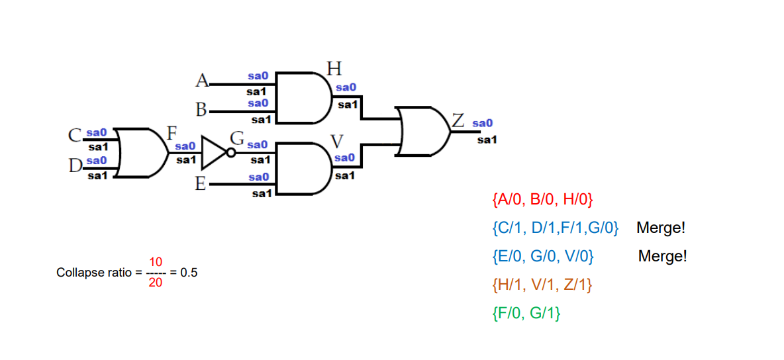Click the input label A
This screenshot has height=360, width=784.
pos(202,81)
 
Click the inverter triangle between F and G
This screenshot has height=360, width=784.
pos(215,152)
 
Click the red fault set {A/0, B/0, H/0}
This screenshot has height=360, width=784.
pos(543,199)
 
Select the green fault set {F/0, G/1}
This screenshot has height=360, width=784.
pos(527,314)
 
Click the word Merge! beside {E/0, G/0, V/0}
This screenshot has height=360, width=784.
pos(662,256)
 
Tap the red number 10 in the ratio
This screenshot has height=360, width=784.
pos(156,262)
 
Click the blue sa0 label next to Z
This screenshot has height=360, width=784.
pos(483,123)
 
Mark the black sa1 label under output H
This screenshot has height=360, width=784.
pos(348,105)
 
